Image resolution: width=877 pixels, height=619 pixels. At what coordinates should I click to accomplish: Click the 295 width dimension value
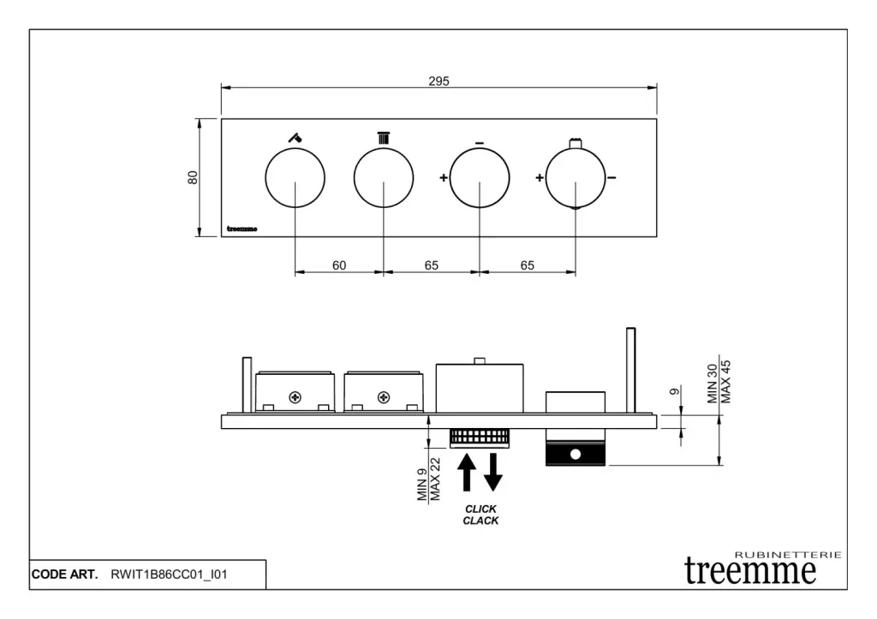pyautogui.click(x=438, y=81)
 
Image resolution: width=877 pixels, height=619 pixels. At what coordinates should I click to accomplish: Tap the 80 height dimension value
pyautogui.click(x=193, y=177)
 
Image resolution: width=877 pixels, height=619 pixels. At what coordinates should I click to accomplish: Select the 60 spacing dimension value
pyautogui.click(x=339, y=265)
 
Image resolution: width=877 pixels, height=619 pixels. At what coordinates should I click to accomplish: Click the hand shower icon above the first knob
pyautogui.click(x=295, y=137)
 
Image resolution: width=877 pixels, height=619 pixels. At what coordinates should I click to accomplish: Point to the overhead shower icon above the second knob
pyautogui.click(x=383, y=138)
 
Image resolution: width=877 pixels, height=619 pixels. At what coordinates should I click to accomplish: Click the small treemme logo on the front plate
pyautogui.click(x=242, y=229)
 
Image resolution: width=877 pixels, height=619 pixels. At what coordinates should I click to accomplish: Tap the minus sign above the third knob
pyautogui.click(x=480, y=144)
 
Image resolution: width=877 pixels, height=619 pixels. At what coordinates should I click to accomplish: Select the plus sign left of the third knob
pyautogui.click(x=444, y=178)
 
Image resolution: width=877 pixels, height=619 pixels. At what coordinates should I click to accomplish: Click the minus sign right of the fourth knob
pyautogui.click(x=612, y=178)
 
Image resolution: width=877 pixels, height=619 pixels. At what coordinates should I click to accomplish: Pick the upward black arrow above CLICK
pyautogui.click(x=467, y=473)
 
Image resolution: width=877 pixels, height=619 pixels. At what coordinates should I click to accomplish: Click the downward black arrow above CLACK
pyautogui.click(x=492, y=473)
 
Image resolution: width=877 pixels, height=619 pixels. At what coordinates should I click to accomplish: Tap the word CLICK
pyautogui.click(x=480, y=509)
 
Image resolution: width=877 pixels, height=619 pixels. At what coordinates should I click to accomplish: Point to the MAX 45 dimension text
pyautogui.click(x=725, y=382)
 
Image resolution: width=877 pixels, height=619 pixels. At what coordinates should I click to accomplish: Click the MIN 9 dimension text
pyautogui.click(x=422, y=485)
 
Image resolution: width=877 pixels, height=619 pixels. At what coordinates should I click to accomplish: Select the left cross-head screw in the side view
pyautogui.click(x=295, y=397)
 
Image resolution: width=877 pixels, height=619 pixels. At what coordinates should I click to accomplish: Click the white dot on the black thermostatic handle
pyautogui.click(x=575, y=455)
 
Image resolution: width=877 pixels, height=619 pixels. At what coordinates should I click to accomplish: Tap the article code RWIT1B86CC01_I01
pyautogui.click(x=169, y=574)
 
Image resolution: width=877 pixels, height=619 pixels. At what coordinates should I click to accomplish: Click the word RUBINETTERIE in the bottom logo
pyautogui.click(x=788, y=555)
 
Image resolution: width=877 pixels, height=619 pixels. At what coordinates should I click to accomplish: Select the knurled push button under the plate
pyautogui.click(x=480, y=438)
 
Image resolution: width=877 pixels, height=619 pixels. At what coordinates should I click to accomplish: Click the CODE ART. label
pyautogui.click(x=64, y=574)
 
